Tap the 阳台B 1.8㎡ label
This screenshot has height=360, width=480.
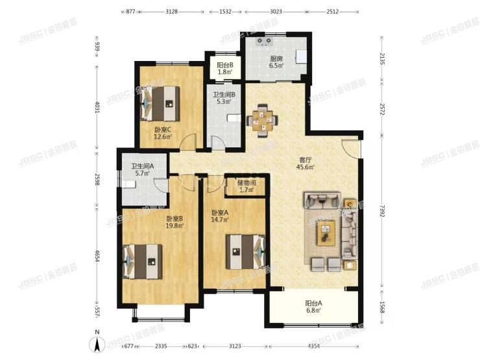225,68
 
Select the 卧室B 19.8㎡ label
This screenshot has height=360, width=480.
174,222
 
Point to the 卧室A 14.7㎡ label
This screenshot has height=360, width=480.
221,217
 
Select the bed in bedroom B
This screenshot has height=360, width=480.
143,261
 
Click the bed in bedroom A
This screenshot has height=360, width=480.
245,250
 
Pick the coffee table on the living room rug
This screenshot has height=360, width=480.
326,232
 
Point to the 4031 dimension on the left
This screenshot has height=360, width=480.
98,106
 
